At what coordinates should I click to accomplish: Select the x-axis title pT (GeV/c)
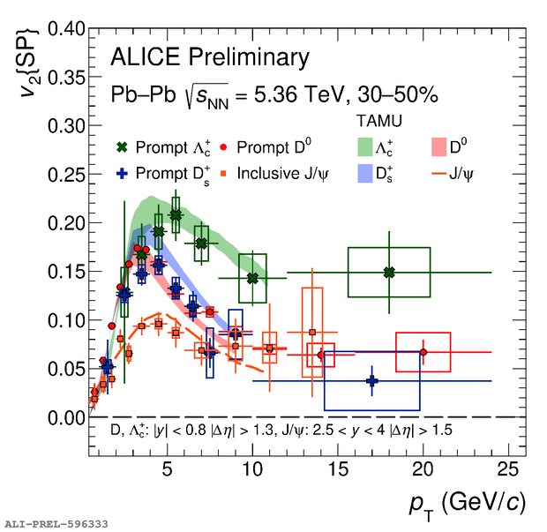(468, 504)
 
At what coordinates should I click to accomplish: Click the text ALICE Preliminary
(210, 59)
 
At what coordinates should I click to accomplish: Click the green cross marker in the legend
(123, 146)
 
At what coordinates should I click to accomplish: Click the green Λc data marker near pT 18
(389, 272)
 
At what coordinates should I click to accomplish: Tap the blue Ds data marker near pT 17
(371, 381)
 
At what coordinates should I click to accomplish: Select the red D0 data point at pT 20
(423, 352)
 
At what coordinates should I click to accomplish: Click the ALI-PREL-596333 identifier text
(56, 524)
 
